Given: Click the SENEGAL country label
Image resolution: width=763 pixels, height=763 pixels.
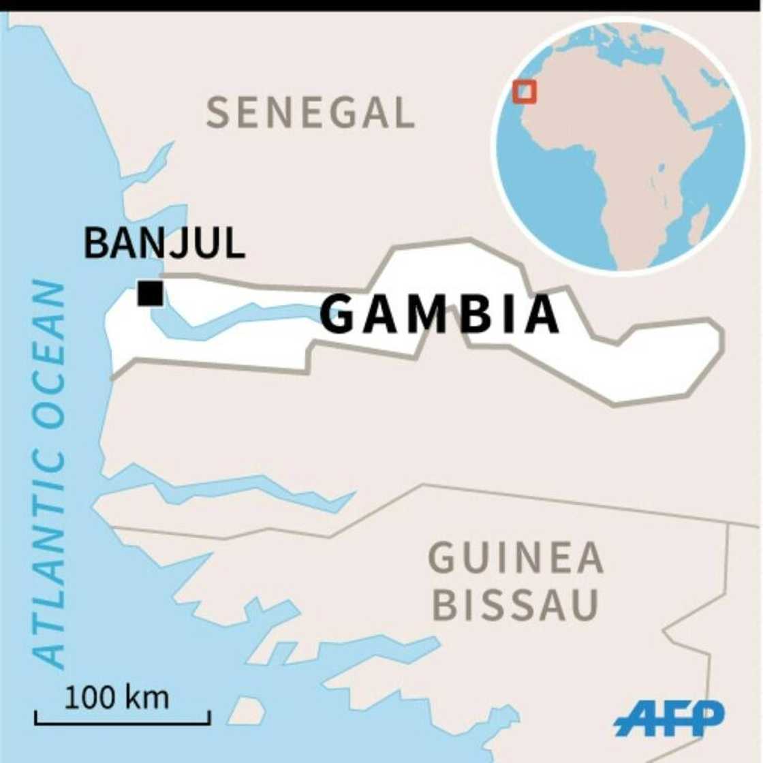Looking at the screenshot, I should click(x=311, y=112).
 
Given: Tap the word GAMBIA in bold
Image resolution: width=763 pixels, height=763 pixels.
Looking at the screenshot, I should click(x=439, y=315).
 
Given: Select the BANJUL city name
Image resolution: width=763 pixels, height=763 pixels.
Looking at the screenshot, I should click(x=163, y=243).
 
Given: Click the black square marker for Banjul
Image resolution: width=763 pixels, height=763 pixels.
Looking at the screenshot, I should click(x=150, y=294).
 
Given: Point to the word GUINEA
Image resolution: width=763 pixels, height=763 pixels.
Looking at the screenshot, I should click(x=516, y=558).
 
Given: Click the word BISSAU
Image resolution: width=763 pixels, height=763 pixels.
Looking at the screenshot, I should click(x=516, y=605).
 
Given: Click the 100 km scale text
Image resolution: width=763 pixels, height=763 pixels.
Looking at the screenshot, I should click(x=116, y=698).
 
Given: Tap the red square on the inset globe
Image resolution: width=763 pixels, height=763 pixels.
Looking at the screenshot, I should click(x=525, y=92).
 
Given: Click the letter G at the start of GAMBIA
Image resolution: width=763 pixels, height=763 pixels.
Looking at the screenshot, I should click(x=339, y=315).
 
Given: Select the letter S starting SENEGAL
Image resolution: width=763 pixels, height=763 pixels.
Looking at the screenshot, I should click(x=217, y=112).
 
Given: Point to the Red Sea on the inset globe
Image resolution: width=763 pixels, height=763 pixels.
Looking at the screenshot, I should click(x=679, y=102).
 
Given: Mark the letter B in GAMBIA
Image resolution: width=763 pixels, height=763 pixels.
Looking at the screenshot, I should click(x=479, y=315).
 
